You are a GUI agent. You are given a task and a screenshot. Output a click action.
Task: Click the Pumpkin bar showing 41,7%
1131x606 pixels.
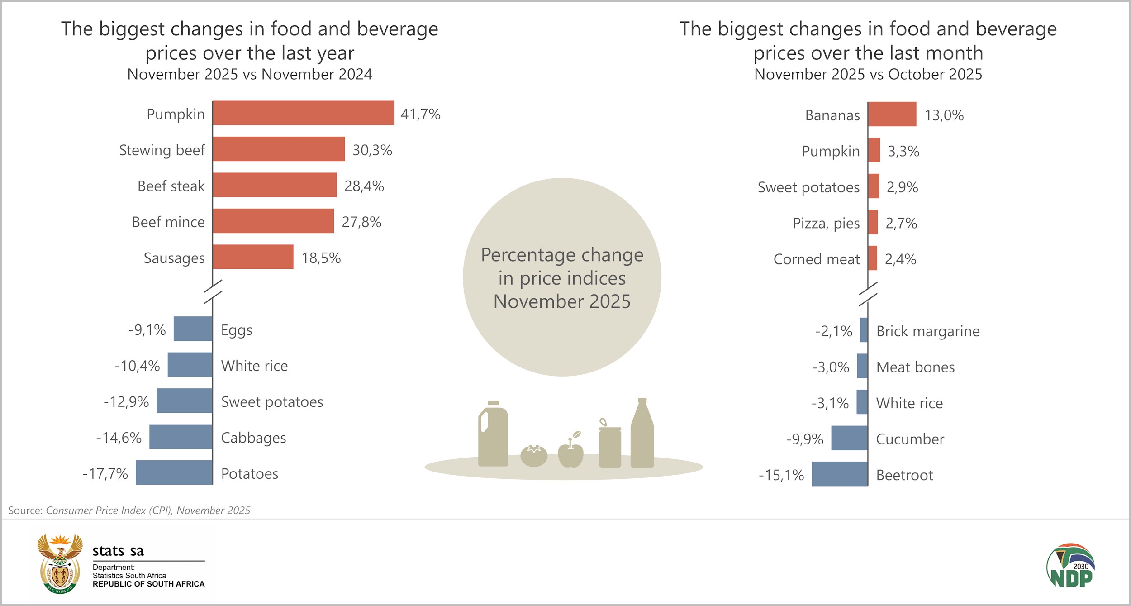(x=303, y=113)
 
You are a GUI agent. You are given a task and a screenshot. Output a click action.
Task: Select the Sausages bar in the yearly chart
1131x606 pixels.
(x=253, y=257)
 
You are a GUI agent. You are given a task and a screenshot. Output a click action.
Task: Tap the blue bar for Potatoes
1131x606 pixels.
(x=174, y=472)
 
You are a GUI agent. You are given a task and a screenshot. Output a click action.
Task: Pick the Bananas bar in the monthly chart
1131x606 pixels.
(x=892, y=114)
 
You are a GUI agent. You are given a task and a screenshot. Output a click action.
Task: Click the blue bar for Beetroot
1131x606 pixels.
(x=840, y=474)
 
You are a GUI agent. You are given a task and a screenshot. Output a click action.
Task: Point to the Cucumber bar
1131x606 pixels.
(x=849, y=438)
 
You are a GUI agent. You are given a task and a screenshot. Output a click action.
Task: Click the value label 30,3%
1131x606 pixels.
(x=372, y=150)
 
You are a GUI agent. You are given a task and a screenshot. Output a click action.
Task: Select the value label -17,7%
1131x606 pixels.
(x=105, y=474)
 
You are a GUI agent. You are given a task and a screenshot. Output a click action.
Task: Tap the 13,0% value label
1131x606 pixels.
(x=944, y=115)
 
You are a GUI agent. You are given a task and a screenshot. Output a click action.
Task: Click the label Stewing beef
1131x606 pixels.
(x=162, y=150)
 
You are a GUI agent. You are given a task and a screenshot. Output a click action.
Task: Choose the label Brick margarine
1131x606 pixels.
(x=928, y=331)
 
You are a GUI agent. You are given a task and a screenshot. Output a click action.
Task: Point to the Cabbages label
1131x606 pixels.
(x=253, y=438)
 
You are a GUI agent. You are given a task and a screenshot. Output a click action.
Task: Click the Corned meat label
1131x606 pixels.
(x=816, y=259)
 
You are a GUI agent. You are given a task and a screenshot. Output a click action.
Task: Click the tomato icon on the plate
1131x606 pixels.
(x=534, y=455)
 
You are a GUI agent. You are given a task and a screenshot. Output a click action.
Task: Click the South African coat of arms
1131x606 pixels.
(x=60, y=564)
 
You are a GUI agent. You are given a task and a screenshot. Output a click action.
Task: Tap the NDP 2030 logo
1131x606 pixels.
(x=1070, y=566)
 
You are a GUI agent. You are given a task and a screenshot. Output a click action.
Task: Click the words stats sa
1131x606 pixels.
(x=118, y=551)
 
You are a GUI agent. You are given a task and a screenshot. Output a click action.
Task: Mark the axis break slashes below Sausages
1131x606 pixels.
(x=213, y=291)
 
